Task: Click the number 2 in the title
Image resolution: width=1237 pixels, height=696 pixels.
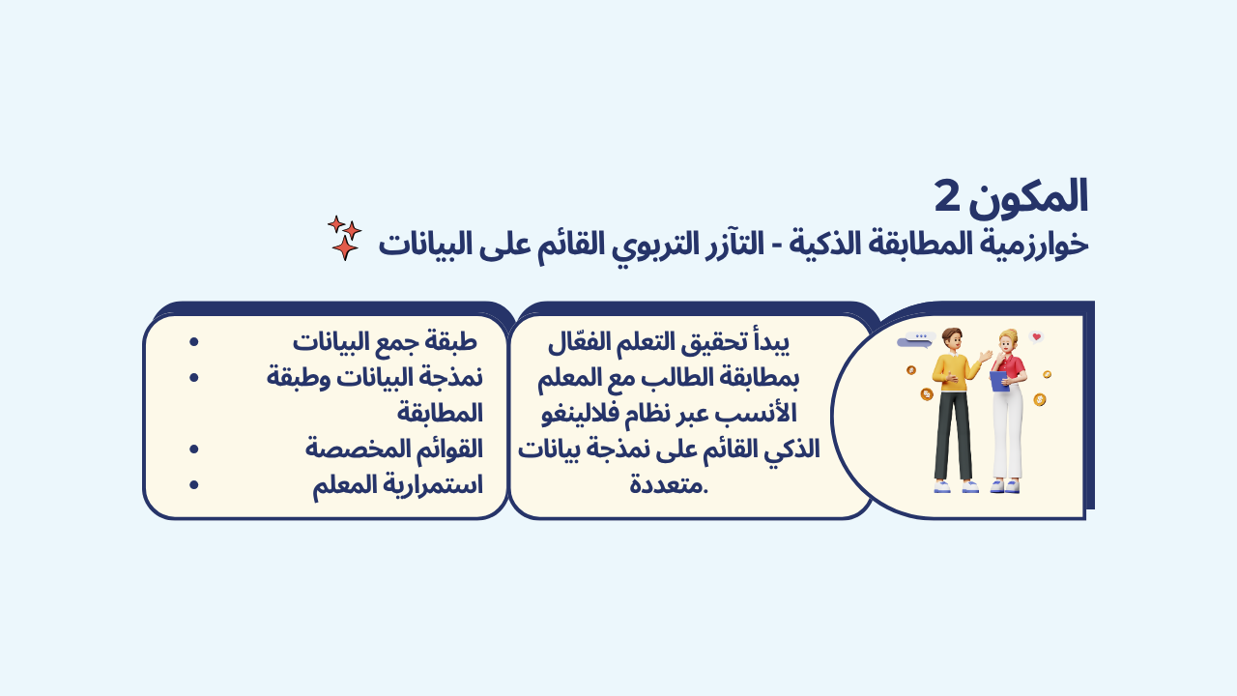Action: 948,197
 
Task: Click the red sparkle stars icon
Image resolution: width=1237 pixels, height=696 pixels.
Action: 345,238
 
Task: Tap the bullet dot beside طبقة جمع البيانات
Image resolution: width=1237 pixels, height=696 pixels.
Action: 193,342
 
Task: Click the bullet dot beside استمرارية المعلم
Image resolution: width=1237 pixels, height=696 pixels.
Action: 193,485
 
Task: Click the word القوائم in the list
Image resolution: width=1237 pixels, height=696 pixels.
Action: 447,449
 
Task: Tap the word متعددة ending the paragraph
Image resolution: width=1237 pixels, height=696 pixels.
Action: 669,485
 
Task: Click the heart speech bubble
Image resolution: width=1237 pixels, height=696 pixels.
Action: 1037,337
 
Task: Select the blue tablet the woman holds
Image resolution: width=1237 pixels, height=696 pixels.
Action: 999,381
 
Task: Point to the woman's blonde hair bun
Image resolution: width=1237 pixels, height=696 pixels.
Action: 1009,334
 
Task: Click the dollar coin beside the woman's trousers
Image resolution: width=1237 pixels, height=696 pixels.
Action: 1039,399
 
